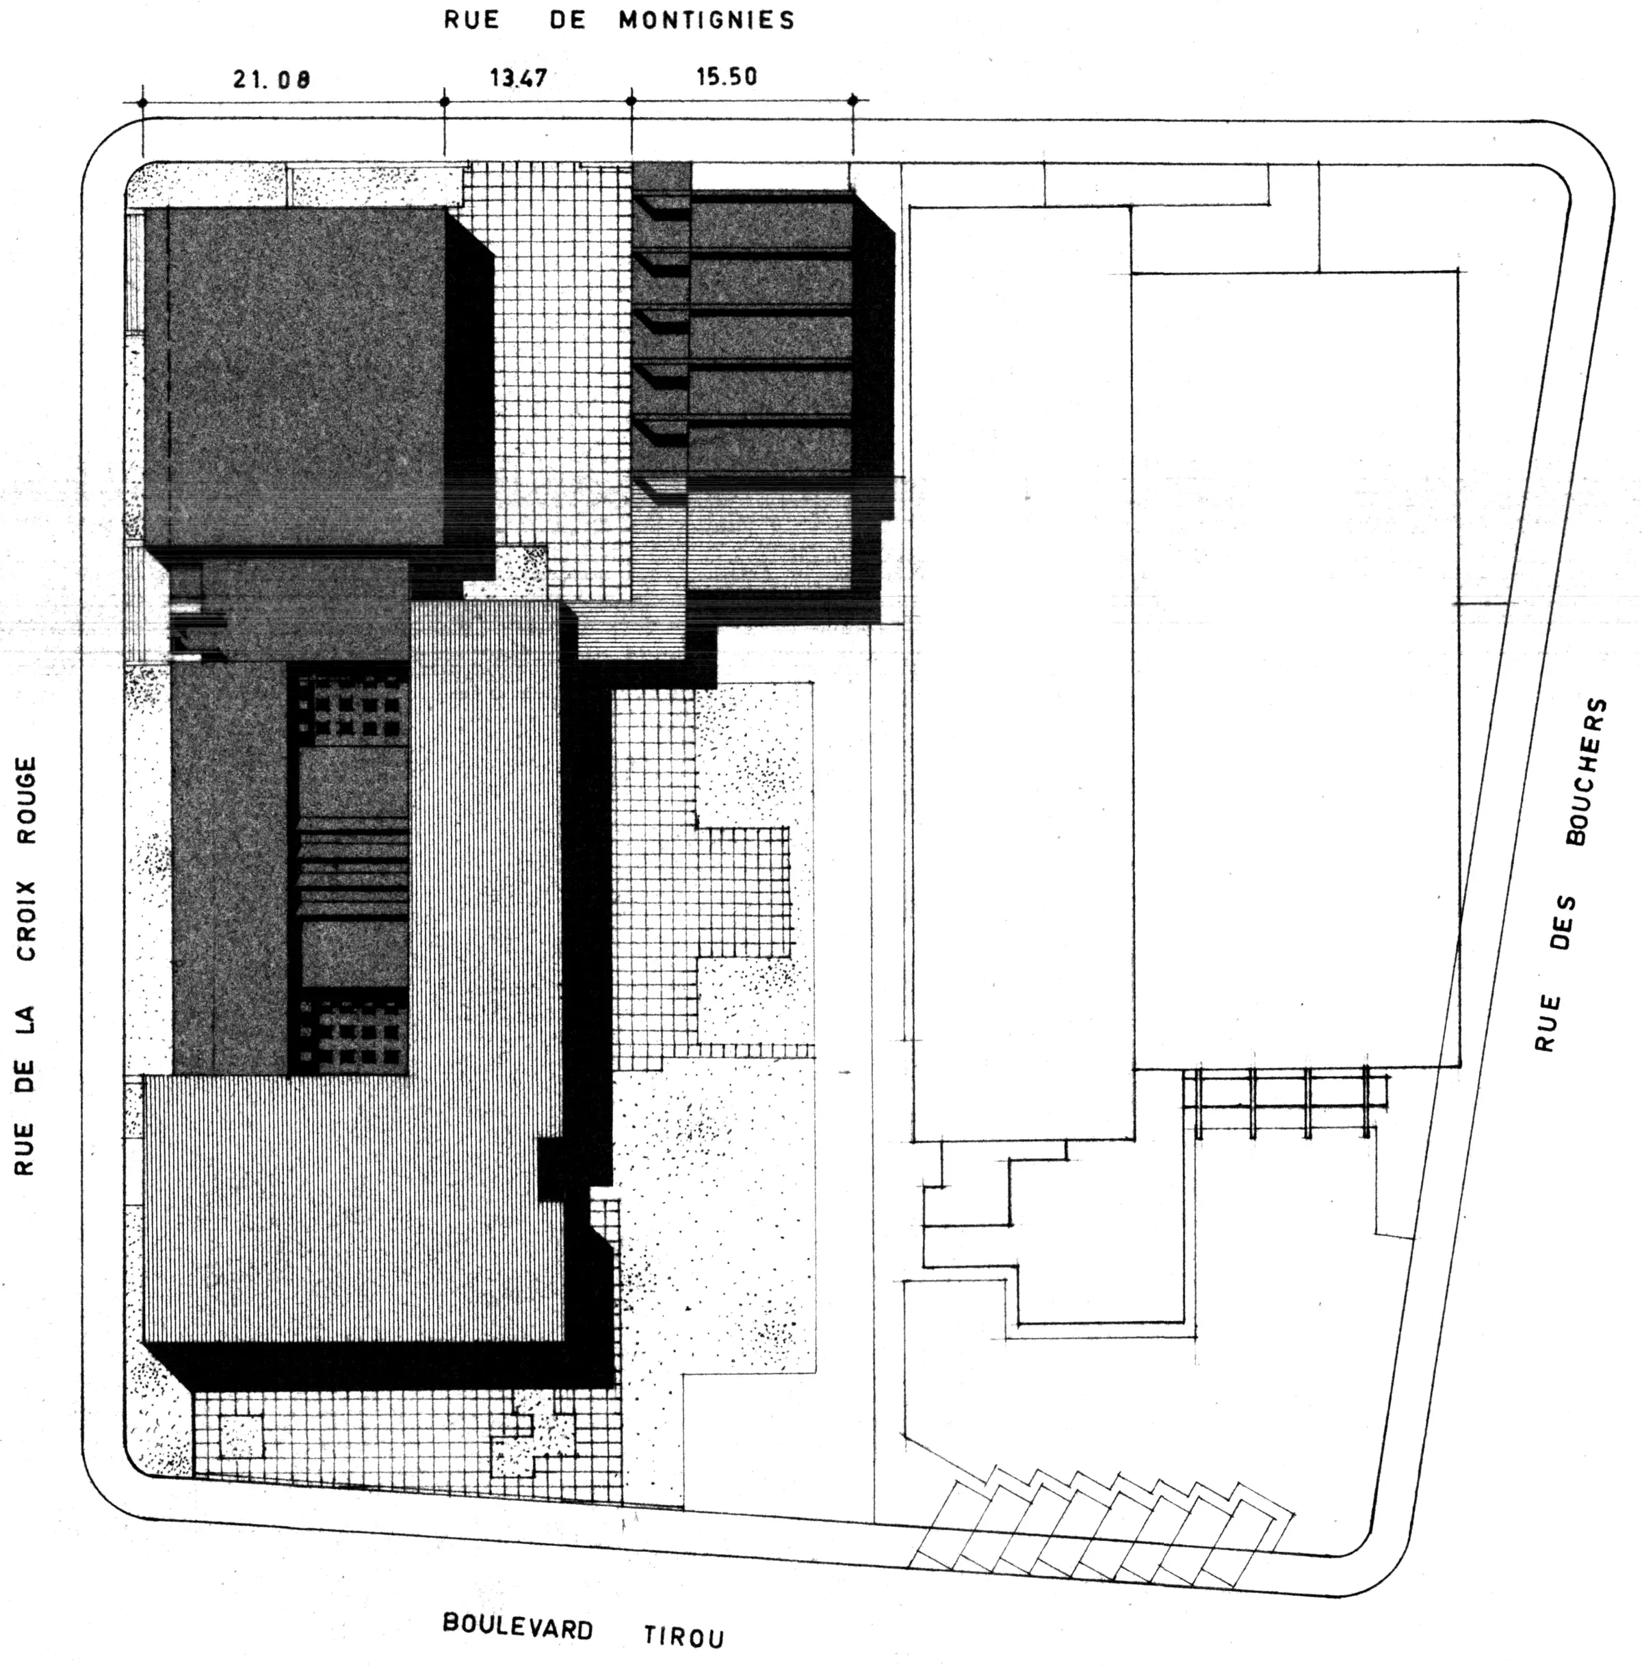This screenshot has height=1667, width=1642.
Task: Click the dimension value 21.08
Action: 271,80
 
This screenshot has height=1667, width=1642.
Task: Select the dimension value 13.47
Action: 519,77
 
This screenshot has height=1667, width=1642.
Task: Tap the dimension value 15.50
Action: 727,76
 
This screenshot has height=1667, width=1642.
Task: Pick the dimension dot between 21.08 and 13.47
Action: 445,102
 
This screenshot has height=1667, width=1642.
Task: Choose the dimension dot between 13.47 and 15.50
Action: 631,101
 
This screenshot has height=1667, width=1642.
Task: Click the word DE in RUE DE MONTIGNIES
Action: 567,20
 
